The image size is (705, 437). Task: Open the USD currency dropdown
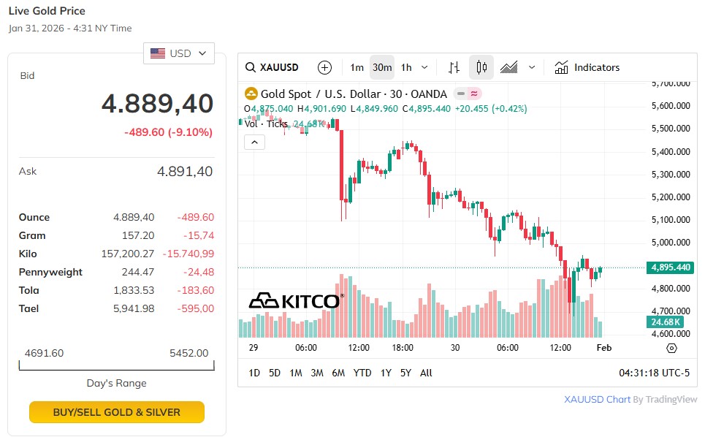pos(179,53)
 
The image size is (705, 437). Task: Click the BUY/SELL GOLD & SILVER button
pos(117,412)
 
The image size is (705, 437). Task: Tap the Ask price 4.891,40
pos(185,172)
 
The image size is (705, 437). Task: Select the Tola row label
pos(28,290)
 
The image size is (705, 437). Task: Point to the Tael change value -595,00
pos(196,308)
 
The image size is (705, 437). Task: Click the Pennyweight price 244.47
pos(138,272)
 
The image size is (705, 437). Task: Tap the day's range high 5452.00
pos(188,353)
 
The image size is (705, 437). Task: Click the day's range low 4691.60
pos(44,353)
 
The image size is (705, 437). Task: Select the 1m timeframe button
pos(357,67)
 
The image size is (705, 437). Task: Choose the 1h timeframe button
pos(406,67)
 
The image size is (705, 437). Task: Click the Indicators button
pos(587,67)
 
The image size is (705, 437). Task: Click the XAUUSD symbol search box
pos(273,67)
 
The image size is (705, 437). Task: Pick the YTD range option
pos(362,373)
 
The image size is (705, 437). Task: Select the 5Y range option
pos(405,373)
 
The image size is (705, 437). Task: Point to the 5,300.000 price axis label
pos(670,174)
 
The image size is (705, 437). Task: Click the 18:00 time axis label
pos(403,348)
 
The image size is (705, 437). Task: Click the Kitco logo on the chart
pos(296,300)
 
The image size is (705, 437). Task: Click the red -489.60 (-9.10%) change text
pos(168,132)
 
